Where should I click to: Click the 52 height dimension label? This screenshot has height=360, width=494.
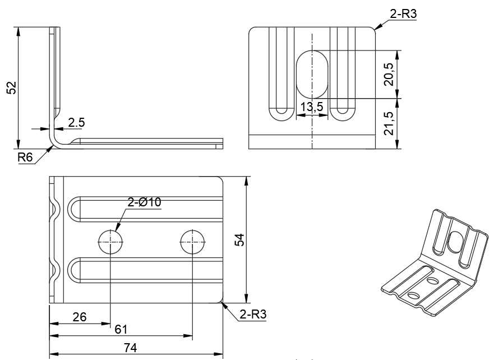(11, 87)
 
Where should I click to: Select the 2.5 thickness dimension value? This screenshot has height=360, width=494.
(77, 122)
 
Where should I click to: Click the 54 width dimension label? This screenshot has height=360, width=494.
(239, 239)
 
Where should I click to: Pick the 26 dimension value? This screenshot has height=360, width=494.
(80, 317)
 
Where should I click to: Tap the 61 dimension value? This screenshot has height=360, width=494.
(121, 329)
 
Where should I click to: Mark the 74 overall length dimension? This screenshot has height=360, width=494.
(130, 348)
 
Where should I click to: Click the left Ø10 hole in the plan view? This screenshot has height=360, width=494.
(111, 242)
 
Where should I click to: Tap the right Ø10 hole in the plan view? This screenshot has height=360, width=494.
(192, 242)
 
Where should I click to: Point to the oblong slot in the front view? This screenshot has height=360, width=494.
(312, 74)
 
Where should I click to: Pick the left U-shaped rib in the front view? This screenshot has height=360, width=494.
(281, 73)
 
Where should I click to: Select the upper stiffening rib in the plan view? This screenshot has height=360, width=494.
(146, 207)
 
